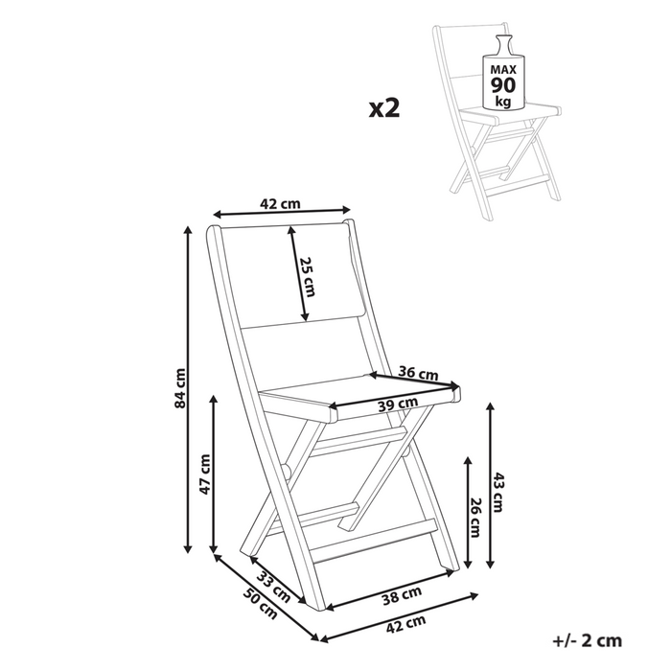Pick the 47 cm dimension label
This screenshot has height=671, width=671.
(x=204, y=476)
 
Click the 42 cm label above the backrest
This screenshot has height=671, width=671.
(x=280, y=203)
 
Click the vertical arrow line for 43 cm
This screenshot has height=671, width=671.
(x=491, y=484)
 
